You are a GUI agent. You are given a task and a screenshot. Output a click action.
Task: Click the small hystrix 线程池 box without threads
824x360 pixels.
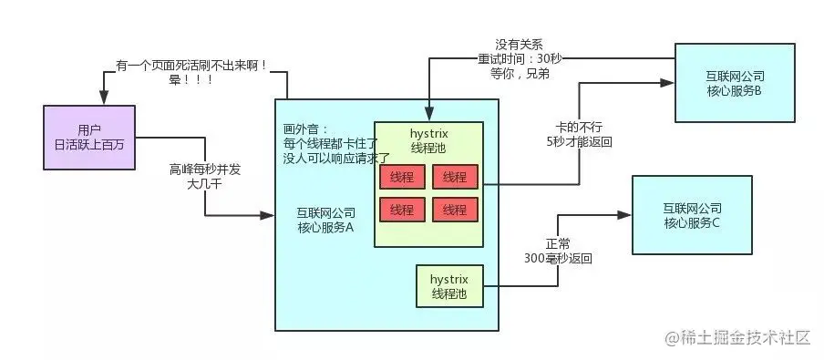(x=449, y=285)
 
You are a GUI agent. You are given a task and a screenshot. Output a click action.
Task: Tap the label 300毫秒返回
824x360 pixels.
(x=558, y=259)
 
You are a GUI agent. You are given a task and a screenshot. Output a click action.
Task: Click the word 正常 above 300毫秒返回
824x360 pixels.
(x=558, y=244)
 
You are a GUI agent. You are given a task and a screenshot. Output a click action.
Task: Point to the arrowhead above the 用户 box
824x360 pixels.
(x=105, y=99)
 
